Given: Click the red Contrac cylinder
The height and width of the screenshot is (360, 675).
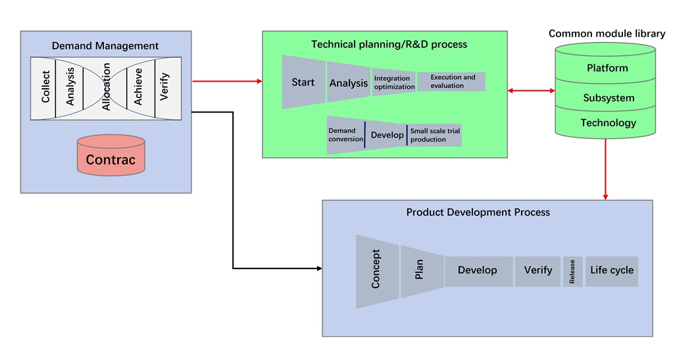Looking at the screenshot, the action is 111,155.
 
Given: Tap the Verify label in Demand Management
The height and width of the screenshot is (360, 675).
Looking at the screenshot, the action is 164,87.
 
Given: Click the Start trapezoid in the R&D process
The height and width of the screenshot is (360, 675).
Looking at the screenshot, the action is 303,82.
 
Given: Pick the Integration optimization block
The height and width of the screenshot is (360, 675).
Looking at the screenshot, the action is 394,82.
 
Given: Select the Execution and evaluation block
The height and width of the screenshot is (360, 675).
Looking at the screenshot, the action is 451,82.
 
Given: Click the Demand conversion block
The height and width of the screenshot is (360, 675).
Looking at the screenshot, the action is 345,135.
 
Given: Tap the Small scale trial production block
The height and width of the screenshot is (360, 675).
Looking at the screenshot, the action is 435,135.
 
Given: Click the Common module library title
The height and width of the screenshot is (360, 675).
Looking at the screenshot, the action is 607,34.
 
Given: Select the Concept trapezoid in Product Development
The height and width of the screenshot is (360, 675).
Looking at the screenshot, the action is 377,271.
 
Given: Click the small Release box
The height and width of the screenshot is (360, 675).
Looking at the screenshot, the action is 572,271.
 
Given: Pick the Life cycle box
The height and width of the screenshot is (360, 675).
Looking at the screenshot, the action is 612,271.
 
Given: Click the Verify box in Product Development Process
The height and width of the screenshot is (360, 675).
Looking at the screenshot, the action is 537,271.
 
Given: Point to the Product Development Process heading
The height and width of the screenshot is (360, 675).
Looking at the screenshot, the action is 478,213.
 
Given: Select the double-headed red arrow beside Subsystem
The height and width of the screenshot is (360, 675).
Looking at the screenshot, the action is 531,90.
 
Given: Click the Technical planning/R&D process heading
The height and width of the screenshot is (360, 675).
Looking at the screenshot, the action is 389,44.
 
